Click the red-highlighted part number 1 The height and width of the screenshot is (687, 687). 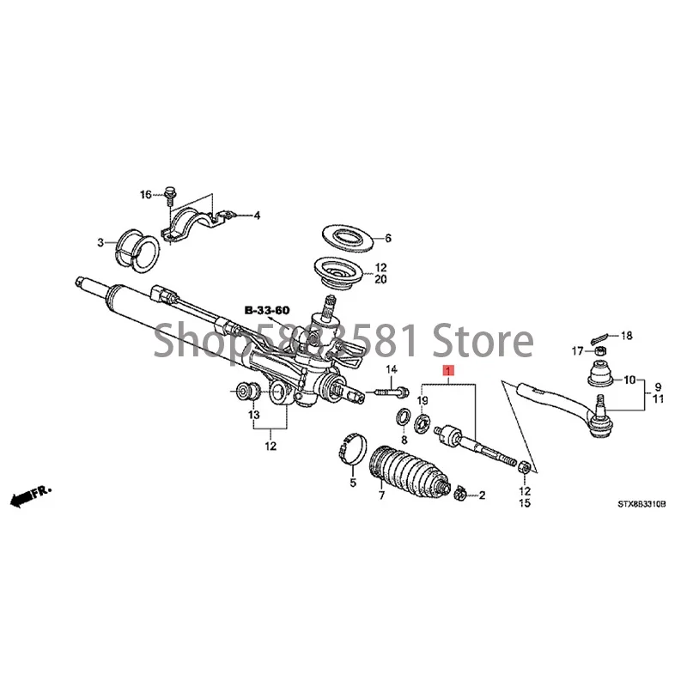tap(446, 371)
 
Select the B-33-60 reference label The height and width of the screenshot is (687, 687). tap(269, 308)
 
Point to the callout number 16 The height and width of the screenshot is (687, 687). tap(147, 195)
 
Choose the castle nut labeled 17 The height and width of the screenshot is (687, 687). tap(601, 350)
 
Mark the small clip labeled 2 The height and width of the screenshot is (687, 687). tap(460, 494)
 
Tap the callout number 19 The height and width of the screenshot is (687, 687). tap(423, 401)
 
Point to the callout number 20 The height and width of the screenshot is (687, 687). tap(381, 279)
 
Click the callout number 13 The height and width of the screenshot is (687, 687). tap(253, 415)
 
